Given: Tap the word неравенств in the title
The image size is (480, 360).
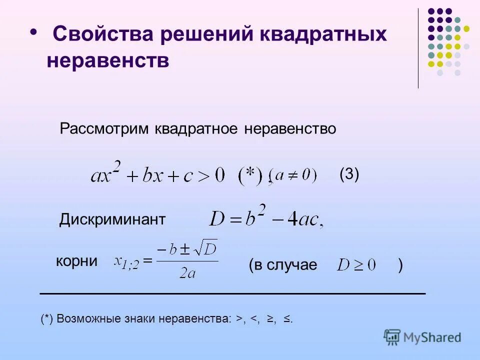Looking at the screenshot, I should click(108, 61).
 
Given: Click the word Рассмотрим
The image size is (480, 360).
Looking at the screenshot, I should click(104, 128).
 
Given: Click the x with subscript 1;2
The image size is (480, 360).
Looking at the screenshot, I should click(126, 261).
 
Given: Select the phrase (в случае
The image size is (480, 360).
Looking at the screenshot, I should click(282, 265).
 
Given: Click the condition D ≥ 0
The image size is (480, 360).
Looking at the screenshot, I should click(355, 265).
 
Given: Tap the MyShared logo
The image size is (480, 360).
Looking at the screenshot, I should click(422, 336).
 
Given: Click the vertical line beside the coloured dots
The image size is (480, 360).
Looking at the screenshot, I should click(418, 48).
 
